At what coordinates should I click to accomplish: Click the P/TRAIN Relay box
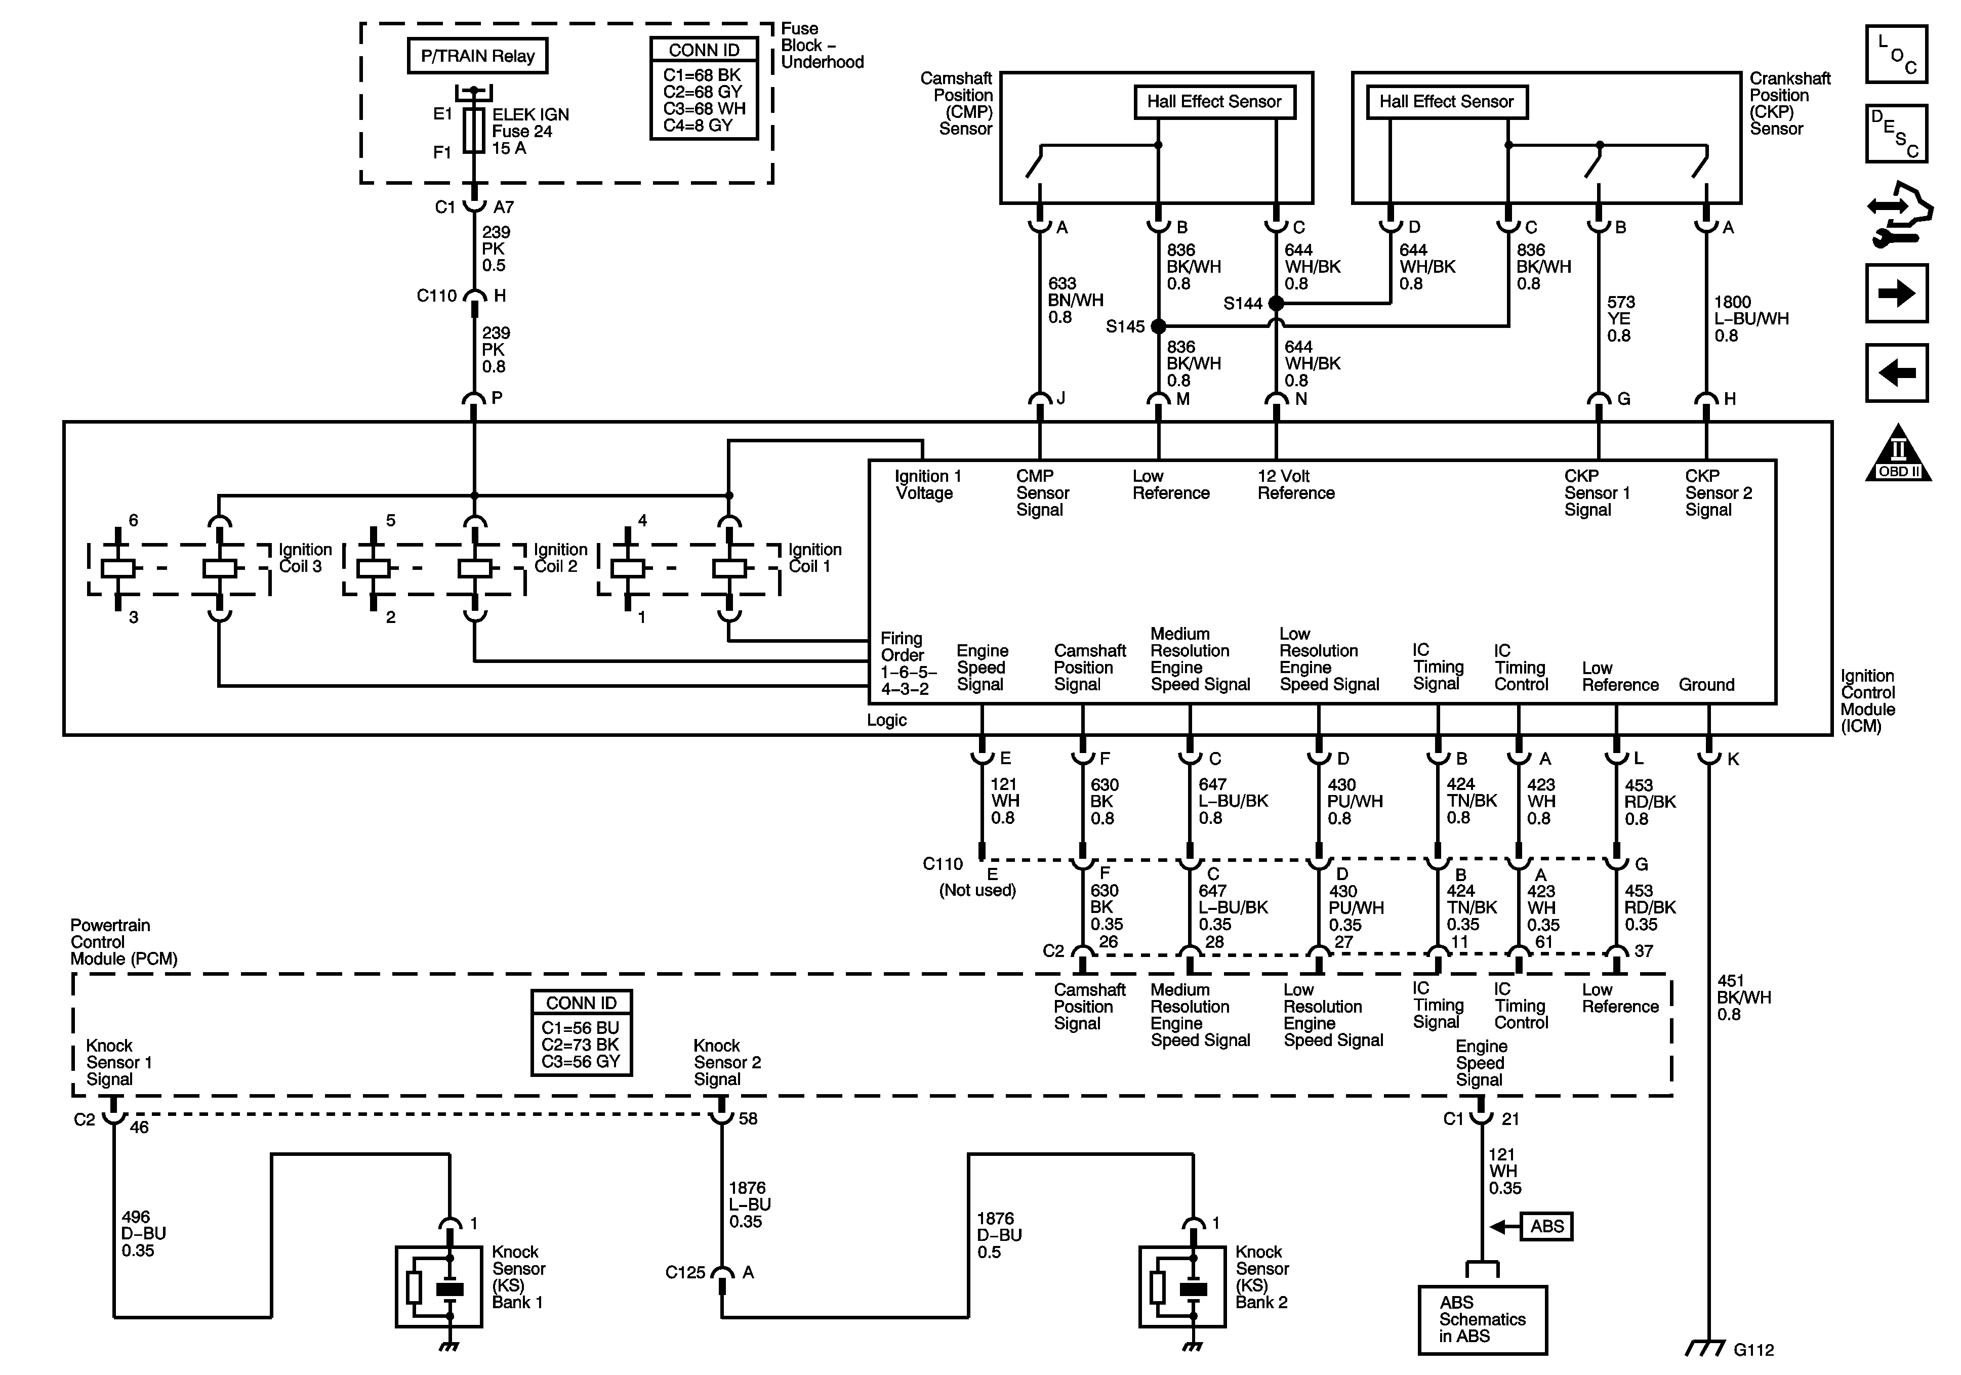[477, 56]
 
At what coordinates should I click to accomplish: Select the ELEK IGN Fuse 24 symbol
[474, 131]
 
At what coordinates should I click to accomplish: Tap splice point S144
[1276, 303]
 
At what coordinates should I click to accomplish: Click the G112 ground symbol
[1706, 1348]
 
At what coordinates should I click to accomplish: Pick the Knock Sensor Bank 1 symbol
[439, 1286]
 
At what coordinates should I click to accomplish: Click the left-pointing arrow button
[1897, 372]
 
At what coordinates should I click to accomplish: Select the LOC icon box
[1897, 54]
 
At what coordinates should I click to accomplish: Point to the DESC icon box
[1897, 133]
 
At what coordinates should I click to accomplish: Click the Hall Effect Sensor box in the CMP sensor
[1214, 102]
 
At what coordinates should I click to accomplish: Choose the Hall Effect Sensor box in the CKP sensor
[1446, 102]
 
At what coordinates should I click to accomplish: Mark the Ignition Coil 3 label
[305, 558]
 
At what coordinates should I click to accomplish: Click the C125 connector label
[685, 1272]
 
